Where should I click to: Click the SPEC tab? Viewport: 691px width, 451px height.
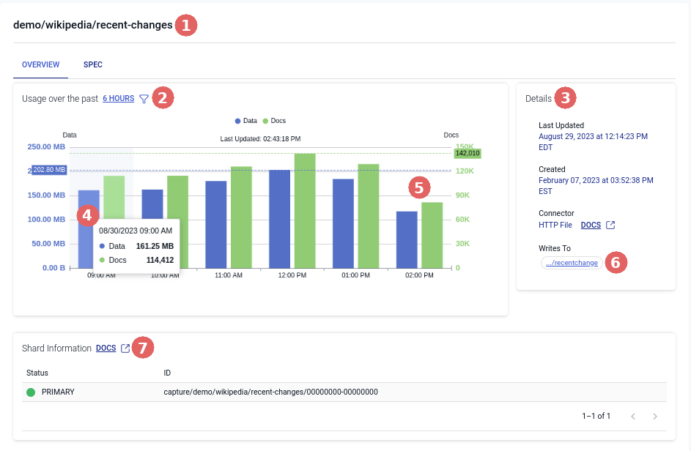point(93,64)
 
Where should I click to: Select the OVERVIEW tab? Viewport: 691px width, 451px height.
point(41,64)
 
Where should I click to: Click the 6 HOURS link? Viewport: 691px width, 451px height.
point(118,98)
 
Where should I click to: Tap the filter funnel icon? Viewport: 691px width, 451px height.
point(144,99)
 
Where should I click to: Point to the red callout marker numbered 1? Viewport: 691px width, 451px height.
point(185,26)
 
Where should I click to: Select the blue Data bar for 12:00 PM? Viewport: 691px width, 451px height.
point(279,218)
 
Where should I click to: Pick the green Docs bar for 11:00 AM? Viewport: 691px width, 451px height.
point(241,217)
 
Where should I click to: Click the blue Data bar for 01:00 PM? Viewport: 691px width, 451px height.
point(343,223)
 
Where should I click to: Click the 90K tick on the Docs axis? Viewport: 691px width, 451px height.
point(463,195)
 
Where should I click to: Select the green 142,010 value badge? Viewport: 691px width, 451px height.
point(467,154)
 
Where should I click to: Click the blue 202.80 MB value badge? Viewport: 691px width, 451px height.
point(50,170)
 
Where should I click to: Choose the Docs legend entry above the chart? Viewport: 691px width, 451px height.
point(274,120)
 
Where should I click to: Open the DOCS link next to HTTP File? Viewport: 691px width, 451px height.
point(591,225)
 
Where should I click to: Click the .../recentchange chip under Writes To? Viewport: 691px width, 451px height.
point(571,263)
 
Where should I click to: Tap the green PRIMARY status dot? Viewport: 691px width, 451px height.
point(31,392)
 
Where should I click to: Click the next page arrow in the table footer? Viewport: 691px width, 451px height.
point(655,416)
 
